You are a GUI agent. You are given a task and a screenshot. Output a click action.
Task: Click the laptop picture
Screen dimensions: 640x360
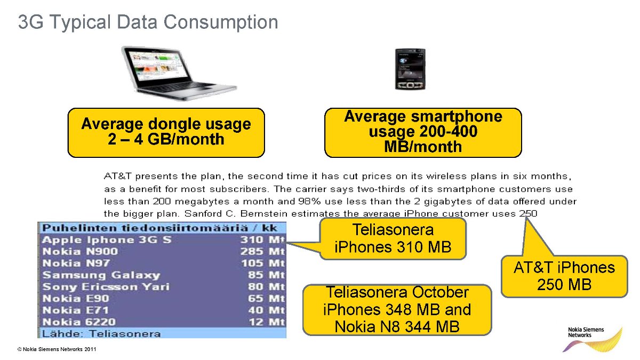[x=179, y=73]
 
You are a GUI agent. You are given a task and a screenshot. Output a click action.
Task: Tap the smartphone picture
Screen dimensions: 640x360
[x=410, y=69]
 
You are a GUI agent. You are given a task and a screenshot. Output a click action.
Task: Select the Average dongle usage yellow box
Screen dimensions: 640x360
[x=166, y=133]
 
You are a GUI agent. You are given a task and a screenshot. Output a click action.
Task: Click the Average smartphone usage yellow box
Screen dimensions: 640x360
[x=423, y=133]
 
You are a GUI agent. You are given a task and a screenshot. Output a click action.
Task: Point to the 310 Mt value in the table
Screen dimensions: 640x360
[x=262, y=239]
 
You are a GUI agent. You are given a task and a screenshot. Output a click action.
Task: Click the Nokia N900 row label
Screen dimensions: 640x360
[x=80, y=251]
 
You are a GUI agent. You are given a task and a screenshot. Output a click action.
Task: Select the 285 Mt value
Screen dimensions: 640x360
[x=262, y=251]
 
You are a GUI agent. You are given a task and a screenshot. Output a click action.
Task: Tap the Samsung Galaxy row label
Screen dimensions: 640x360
[x=101, y=275]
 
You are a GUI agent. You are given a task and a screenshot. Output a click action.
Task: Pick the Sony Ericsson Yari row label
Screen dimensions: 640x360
[x=106, y=286]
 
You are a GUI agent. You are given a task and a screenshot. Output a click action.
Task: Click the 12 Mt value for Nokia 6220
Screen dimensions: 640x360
[x=267, y=322]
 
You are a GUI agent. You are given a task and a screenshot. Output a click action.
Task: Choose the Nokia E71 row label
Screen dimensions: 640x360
[x=75, y=310]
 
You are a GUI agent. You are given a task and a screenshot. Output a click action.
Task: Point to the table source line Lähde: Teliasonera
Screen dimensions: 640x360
[x=101, y=334]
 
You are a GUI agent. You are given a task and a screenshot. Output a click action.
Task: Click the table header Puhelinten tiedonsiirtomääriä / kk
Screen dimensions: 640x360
[x=159, y=228]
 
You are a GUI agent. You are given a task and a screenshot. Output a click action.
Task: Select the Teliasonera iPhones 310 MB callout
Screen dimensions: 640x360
[x=393, y=238]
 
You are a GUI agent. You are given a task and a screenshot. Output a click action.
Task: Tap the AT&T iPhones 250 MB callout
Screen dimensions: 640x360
[x=564, y=276]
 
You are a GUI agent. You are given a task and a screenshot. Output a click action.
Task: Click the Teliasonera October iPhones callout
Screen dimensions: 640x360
[x=397, y=310]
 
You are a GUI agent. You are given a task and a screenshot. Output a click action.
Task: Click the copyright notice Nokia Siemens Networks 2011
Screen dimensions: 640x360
[x=57, y=349]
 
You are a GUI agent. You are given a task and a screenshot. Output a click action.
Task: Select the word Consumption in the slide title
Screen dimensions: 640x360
[x=221, y=22]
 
